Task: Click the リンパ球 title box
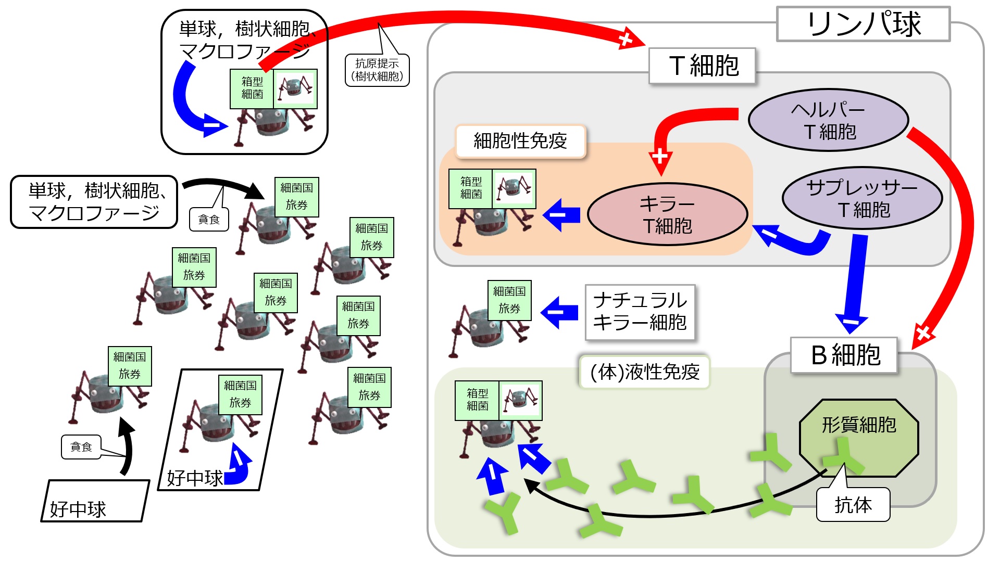tap(863, 24)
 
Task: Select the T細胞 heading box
tap(702, 66)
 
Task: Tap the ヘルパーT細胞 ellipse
tap(829, 120)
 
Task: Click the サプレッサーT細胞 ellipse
tap(863, 198)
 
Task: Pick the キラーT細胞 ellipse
tap(668, 214)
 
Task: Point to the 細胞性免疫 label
tap(520, 141)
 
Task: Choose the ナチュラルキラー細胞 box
tap(640, 312)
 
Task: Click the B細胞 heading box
tap(844, 355)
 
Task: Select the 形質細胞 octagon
tap(859, 438)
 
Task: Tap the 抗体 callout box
tap(853, 504)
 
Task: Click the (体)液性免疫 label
tap(645, 372)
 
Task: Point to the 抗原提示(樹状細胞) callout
tap(377, 70)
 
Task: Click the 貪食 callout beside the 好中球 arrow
tap(81, 447)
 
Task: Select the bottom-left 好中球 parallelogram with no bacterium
tap(95, 501)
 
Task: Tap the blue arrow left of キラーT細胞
tap(561, 214)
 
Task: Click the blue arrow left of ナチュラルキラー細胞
tap(559, 313)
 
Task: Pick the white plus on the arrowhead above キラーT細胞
tap(660, 156)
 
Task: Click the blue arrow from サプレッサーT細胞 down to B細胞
tap(854, 284)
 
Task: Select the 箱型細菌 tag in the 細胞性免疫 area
tap(471, 188)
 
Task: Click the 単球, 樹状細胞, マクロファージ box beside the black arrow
tap(94, 202)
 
